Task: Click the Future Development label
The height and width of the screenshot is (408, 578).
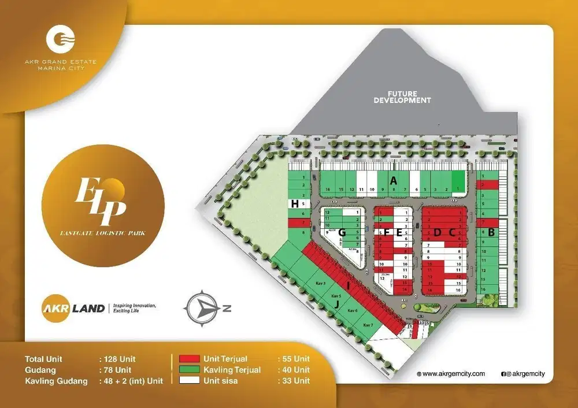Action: [402, 97]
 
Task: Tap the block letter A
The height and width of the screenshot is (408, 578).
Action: [394, 180]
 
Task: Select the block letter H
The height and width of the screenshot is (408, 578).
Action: [295, 203]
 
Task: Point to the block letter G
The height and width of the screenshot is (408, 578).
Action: [342, 232]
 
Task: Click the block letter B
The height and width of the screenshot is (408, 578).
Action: [492, 233]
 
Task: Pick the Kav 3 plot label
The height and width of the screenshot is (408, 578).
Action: [321, 284]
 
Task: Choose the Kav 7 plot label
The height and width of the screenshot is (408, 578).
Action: [368, 325]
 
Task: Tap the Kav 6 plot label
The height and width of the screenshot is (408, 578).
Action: [352, 311]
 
